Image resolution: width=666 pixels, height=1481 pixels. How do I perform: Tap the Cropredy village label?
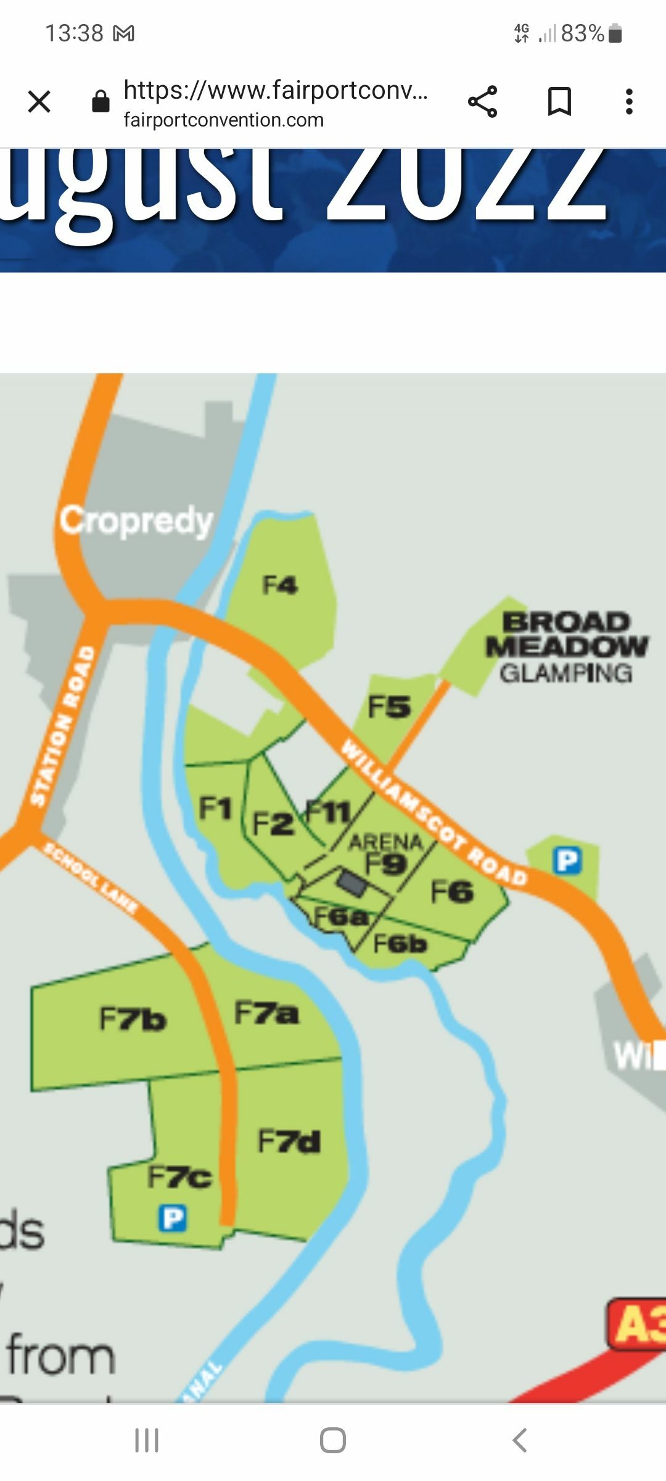pyautogui.click(x=136, y=521)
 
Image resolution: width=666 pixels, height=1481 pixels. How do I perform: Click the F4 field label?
pyautogui.click(x=280, y=584)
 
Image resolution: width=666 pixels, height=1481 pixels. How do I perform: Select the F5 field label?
pyautogui.click(x=389, y=707)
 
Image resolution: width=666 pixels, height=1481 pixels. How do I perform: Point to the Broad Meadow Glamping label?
pyautogui.click(x=567, y=647)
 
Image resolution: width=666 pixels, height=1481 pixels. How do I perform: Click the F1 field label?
pyautogui.click(x=215, y=808)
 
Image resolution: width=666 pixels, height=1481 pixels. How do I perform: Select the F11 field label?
pyautogui.click(x=328, y=811)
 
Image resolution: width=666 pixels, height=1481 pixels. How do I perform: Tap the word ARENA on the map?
pyautogui.click(x=386, y=842)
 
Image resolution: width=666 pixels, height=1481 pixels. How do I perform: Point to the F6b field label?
pyautogui.click(x=400, y=944)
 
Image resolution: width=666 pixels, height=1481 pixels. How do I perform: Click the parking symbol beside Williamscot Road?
pyautogui.click(x=567, y=860)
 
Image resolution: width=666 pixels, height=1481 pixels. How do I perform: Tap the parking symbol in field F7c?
pyautogui.click(x=173, y=1218)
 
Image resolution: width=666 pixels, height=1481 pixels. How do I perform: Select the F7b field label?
pyautogui.click(x=133, y=1019)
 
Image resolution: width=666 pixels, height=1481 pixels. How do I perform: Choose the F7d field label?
pyautogui.click(x=289, y=1141)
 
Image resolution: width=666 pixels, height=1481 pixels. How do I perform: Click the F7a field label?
pyautogui.click(x=266, y=1013)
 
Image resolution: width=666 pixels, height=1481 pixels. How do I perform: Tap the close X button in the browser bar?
pyautogui.click(x=39, y=102)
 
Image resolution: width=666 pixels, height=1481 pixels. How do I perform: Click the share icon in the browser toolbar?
pyautogui.click(x=482, y=102)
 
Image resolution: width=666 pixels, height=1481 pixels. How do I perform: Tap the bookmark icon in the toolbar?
pyautogui.click(x=559, y=102)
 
